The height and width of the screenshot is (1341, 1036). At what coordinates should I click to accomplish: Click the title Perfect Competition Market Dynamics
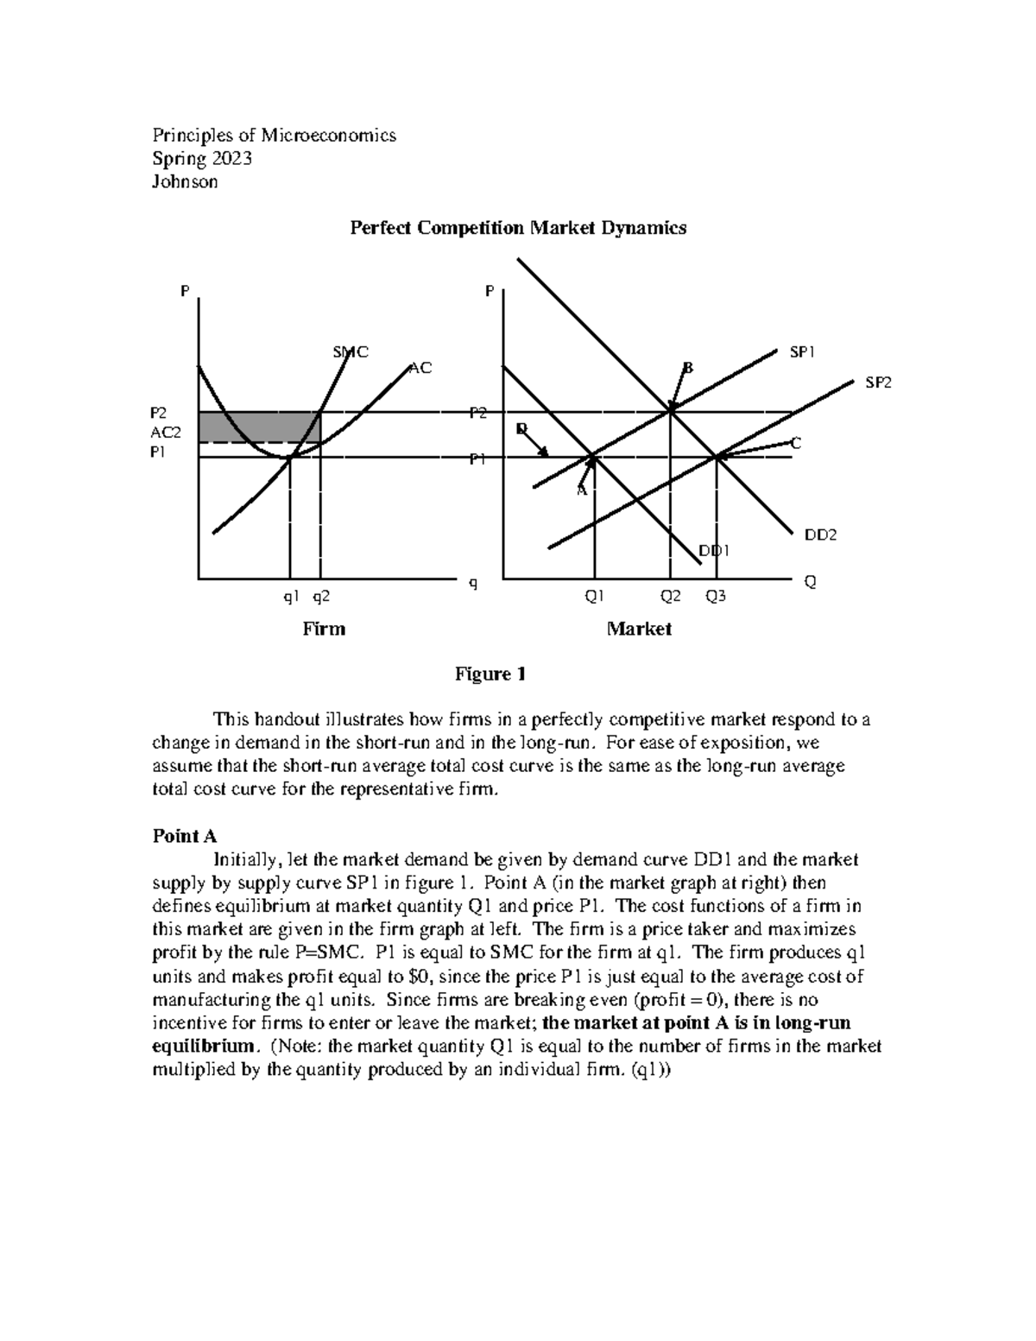point(517,228)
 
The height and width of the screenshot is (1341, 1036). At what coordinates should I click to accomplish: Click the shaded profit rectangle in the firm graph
point(259,427)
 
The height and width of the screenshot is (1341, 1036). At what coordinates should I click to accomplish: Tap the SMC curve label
point(351,351)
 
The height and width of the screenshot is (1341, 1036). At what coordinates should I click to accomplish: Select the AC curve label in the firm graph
point(420,368)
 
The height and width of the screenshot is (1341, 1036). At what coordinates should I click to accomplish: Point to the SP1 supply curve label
point(801,352)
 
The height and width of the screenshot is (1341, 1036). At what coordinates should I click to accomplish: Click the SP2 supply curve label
point(879,383)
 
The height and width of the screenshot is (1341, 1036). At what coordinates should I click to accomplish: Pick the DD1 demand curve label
point(714,550)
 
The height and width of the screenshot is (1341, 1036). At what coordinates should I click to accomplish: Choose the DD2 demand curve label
point(821,535)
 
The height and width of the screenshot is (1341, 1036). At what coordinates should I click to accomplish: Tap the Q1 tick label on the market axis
point(595,596)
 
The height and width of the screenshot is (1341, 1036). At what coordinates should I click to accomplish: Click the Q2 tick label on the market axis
point(671,596)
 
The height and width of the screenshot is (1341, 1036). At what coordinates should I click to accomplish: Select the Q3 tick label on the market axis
point(716,596)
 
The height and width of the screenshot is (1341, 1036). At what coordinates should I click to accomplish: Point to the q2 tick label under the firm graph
point(320,596)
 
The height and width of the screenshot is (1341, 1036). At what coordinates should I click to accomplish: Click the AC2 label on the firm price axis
point(166,433)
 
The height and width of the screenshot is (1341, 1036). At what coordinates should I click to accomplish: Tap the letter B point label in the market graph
point(688,368)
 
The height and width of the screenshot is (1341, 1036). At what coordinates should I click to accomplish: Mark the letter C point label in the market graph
point(796,443)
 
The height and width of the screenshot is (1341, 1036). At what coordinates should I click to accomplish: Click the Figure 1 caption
point(490,674)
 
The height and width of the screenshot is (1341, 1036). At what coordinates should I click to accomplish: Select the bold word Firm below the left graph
point(324,629)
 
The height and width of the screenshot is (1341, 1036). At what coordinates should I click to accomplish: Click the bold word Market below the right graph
point(639,629)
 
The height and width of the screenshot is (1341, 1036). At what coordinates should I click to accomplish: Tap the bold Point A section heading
point(184,836)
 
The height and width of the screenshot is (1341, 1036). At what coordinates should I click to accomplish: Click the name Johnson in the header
point(185,181)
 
